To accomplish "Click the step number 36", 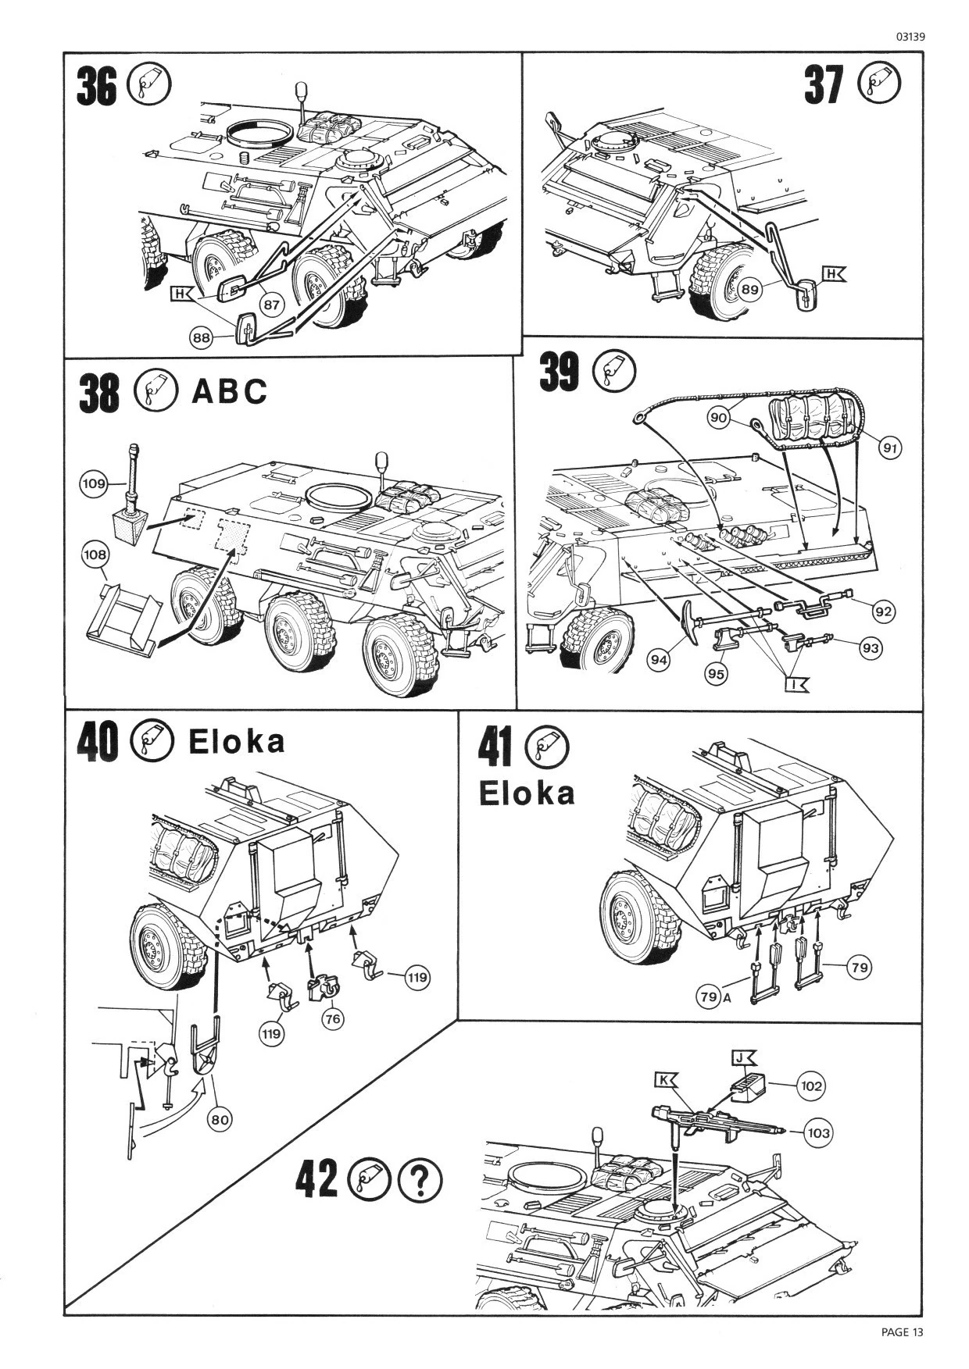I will [96, 87].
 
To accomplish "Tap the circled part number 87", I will [271, 304].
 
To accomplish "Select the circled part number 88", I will [202, 337].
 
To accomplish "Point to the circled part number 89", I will [749, 289].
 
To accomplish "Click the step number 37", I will [824, 85].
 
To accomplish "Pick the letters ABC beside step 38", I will [229, 391].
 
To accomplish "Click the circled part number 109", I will [94, 484].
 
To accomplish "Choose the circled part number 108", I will [95, 554].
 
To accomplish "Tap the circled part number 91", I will [890, 447].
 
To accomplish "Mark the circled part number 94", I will [660, 660].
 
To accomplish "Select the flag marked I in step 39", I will [796, 685].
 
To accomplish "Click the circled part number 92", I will [883, 611].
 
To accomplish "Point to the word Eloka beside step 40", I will [237, 742].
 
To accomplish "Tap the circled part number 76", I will [333, 1018].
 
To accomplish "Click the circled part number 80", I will [220, 1119].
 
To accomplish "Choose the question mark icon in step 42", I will [420, 1179].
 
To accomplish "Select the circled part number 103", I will [817, 1132].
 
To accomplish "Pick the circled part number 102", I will [812, 1086].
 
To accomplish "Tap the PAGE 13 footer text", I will [902, 1332].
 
